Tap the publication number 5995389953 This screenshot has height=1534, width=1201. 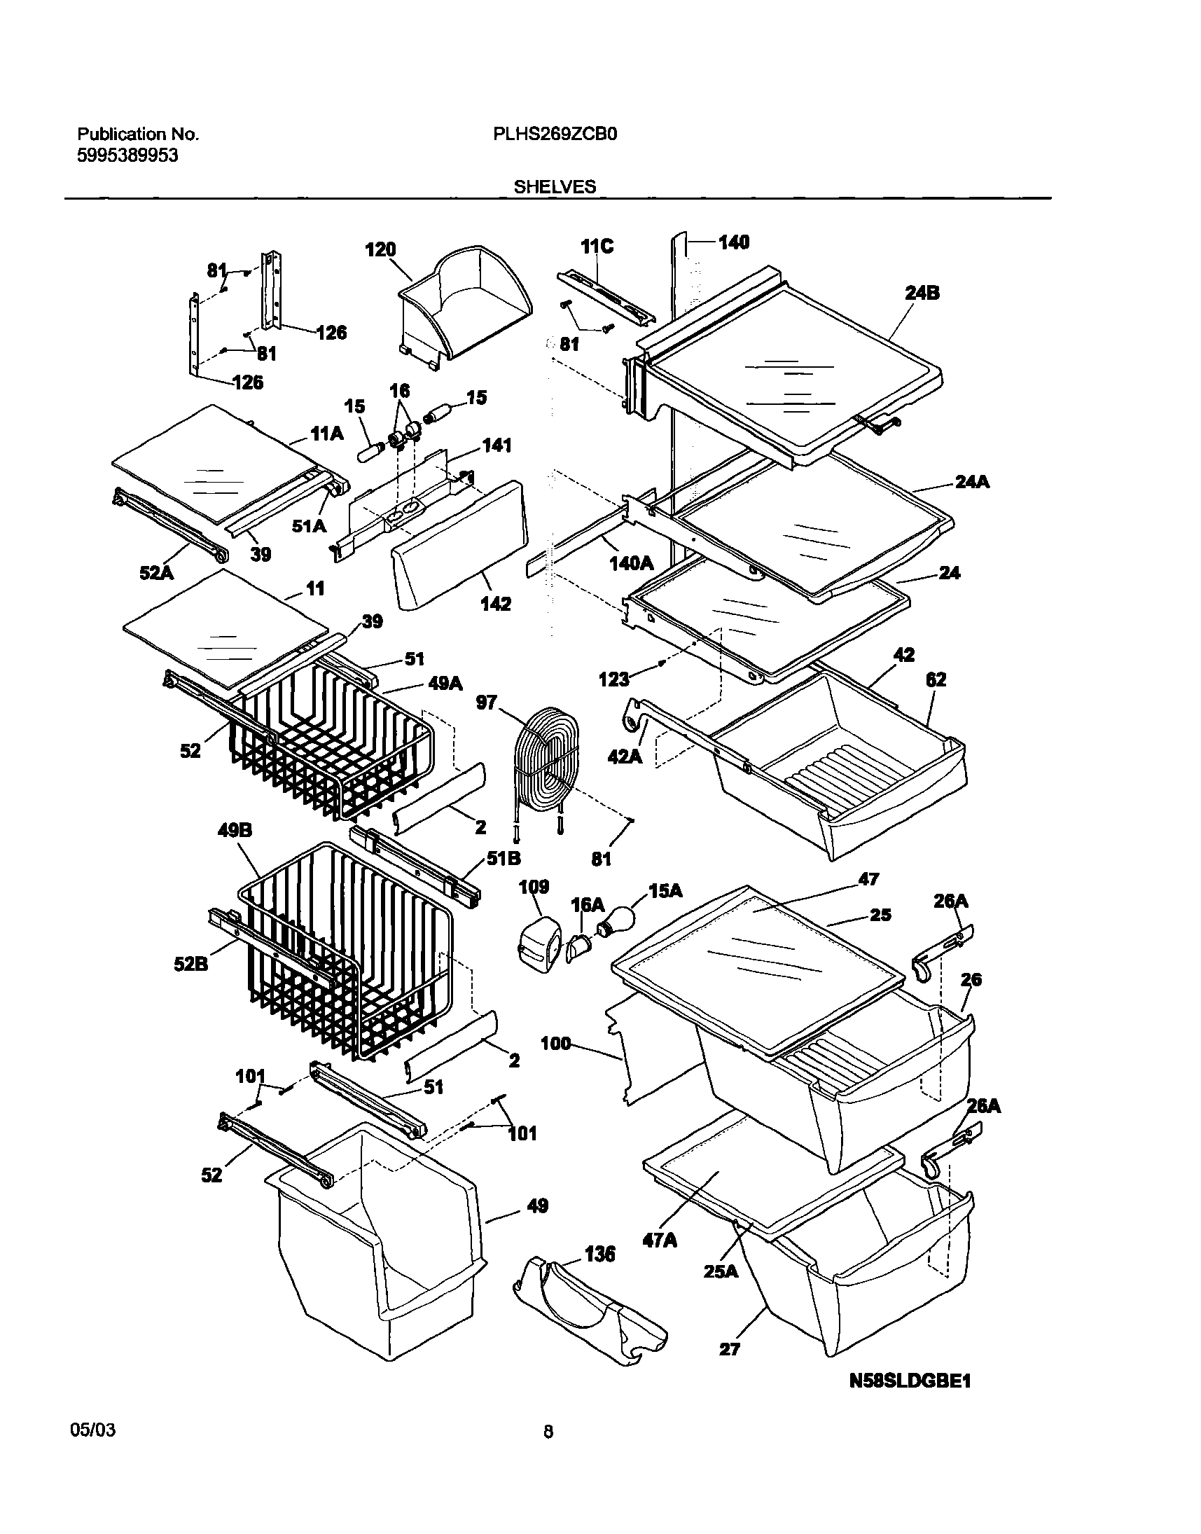(127, 156)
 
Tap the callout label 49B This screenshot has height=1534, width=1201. (235, 831)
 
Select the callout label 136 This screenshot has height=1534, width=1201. (599, 1253)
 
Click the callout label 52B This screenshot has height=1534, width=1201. (191, 964)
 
